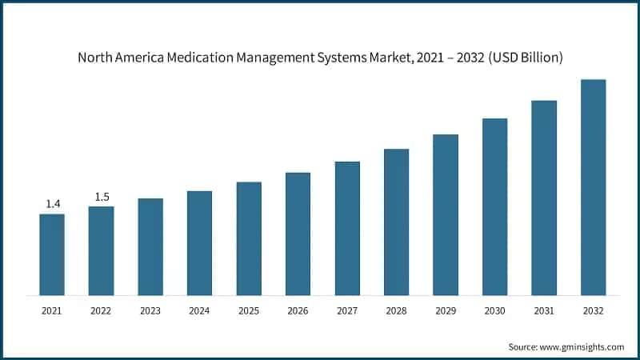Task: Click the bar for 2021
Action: [52, 254]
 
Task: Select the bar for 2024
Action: [199, 243]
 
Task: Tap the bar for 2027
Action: [347, 228]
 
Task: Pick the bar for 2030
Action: [494, 206]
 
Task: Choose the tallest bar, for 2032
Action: [593, 187]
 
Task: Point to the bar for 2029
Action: [446, 214]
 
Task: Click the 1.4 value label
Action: [53, 204]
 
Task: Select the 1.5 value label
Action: [102, 197]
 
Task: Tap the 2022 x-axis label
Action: [102, 310]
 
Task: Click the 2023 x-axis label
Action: [150, 310]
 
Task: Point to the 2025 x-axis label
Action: [249, 310]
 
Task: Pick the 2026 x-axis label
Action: [298, 310]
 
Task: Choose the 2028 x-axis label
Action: [396, 310]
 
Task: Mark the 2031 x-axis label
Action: [544, 310]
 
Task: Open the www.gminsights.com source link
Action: [582, 346]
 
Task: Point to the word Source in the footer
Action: [523, 346]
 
